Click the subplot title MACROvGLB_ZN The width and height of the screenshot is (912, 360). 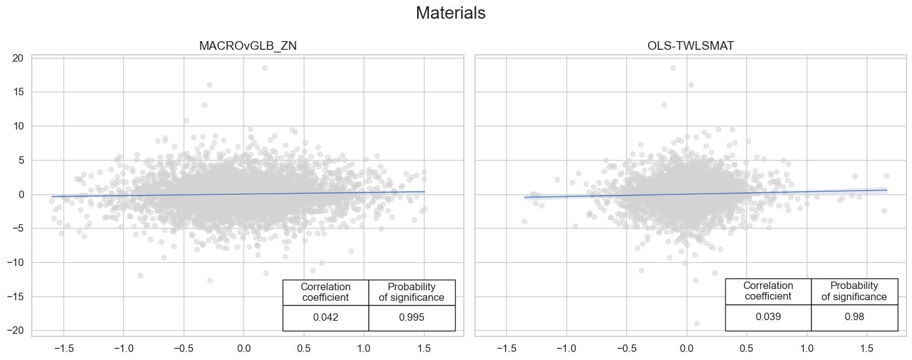(x=247, y=46)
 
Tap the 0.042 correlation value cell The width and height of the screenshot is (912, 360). (x=326, y=318)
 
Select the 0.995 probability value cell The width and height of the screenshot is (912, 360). (x=411, y=318)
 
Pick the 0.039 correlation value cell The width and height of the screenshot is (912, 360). (x=768, y=316)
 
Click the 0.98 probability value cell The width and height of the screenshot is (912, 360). (x=854, y=316)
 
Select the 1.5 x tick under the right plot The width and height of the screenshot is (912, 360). (x=867, y=346)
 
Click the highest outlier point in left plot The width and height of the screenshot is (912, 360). (x=265, y=68)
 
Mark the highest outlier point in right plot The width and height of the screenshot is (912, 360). (x=673, y=68)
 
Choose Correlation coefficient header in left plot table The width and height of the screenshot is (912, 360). (x=326, y=292)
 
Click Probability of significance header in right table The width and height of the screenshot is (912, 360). (x=854, y=291)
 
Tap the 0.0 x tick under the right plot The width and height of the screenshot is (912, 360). (x=687, y=346)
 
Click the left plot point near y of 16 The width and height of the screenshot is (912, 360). (x=209, y=85)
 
